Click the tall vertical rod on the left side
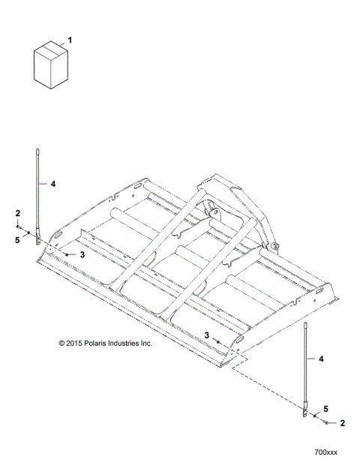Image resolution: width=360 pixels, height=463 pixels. [x=36, y=195]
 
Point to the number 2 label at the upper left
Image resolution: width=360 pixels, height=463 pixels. [x=17, y=214]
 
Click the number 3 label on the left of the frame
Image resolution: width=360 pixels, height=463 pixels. [x=82, y=255]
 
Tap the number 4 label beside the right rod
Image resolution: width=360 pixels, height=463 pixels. [x=322, y=360]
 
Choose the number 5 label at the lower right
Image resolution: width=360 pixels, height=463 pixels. [x=325, y=408]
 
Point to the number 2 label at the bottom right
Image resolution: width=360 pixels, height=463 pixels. [x=343, y=423]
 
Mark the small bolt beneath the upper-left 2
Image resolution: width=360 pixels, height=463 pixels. [x=19, y=225]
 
